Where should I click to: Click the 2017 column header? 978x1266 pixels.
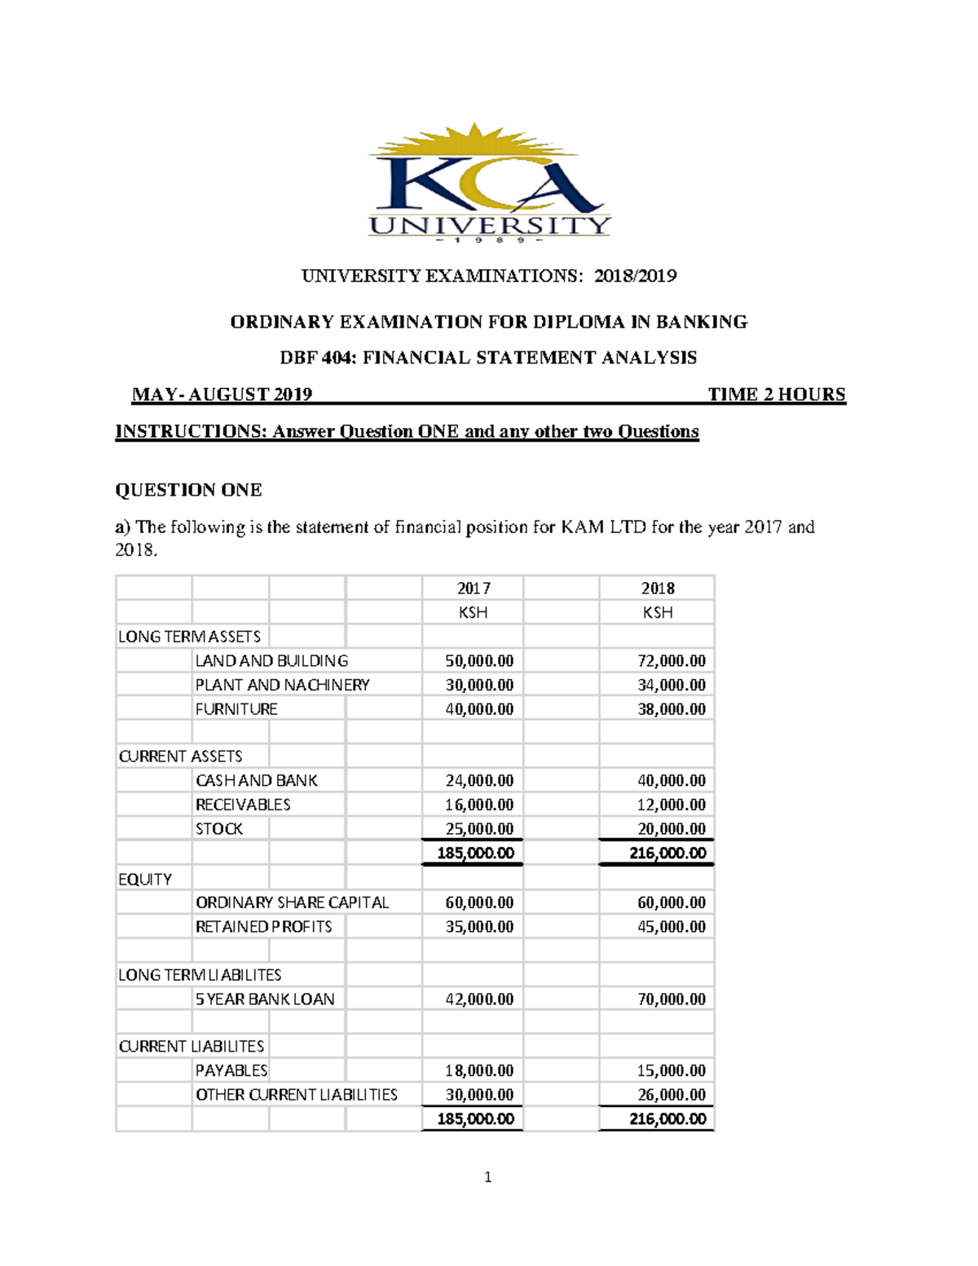473,588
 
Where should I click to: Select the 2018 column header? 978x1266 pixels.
657,588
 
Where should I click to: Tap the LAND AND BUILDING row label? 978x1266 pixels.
271,660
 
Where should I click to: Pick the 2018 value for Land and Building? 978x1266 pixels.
671,660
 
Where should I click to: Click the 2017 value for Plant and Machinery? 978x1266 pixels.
479,685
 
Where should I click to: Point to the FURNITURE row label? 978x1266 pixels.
236,709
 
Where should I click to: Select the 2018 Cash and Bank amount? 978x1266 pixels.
671,780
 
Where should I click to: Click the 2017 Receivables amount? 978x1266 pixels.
479,805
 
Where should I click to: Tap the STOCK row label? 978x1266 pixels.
218,828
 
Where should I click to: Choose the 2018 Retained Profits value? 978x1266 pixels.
671,926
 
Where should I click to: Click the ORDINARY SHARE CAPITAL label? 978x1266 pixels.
292,902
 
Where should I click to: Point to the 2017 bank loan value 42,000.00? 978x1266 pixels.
479,999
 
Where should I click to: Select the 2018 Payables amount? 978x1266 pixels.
671,1070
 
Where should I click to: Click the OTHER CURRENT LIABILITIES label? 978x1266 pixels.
296,1094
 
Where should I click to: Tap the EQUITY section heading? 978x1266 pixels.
145,879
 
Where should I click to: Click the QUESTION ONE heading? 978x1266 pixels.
188,490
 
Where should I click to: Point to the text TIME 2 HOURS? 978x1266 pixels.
776,395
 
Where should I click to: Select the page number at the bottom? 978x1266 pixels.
488,1176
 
